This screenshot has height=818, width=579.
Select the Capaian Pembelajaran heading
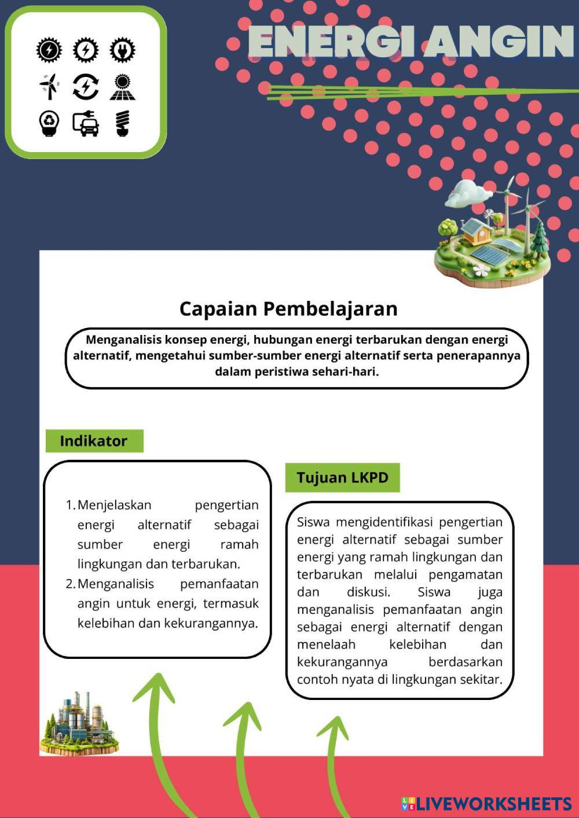tap(288, 308)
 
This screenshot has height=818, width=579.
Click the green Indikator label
tap(94, 441)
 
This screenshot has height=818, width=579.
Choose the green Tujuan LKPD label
tap(342, 478)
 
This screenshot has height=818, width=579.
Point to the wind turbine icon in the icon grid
tap(50, 87)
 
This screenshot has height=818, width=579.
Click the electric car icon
tap(86, 123)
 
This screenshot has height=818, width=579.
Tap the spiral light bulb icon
tap(122, 123)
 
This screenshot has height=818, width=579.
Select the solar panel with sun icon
tap(122, 87)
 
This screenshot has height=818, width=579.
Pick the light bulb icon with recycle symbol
tap(50, 123)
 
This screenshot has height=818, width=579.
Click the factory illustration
tap(79, 723)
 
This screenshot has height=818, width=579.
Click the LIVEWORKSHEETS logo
tap(487, 804)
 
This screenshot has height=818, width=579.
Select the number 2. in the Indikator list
tap(71, 584)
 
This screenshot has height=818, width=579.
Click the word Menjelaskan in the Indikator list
tap(114, 505)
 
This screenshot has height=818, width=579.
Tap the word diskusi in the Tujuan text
tap(368, 592)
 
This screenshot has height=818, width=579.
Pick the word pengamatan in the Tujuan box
tap(466, 574)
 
